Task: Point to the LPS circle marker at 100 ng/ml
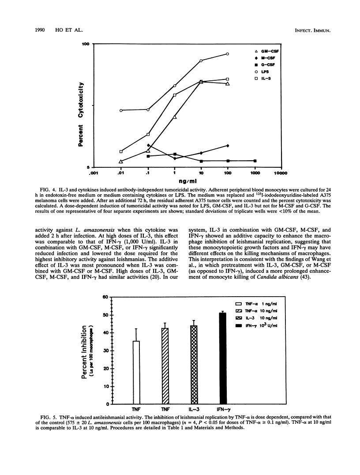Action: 227,54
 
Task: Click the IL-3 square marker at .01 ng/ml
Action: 121,151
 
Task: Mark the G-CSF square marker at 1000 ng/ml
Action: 255,161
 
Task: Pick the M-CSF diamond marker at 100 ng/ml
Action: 227,145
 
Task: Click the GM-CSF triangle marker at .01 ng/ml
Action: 121,161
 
